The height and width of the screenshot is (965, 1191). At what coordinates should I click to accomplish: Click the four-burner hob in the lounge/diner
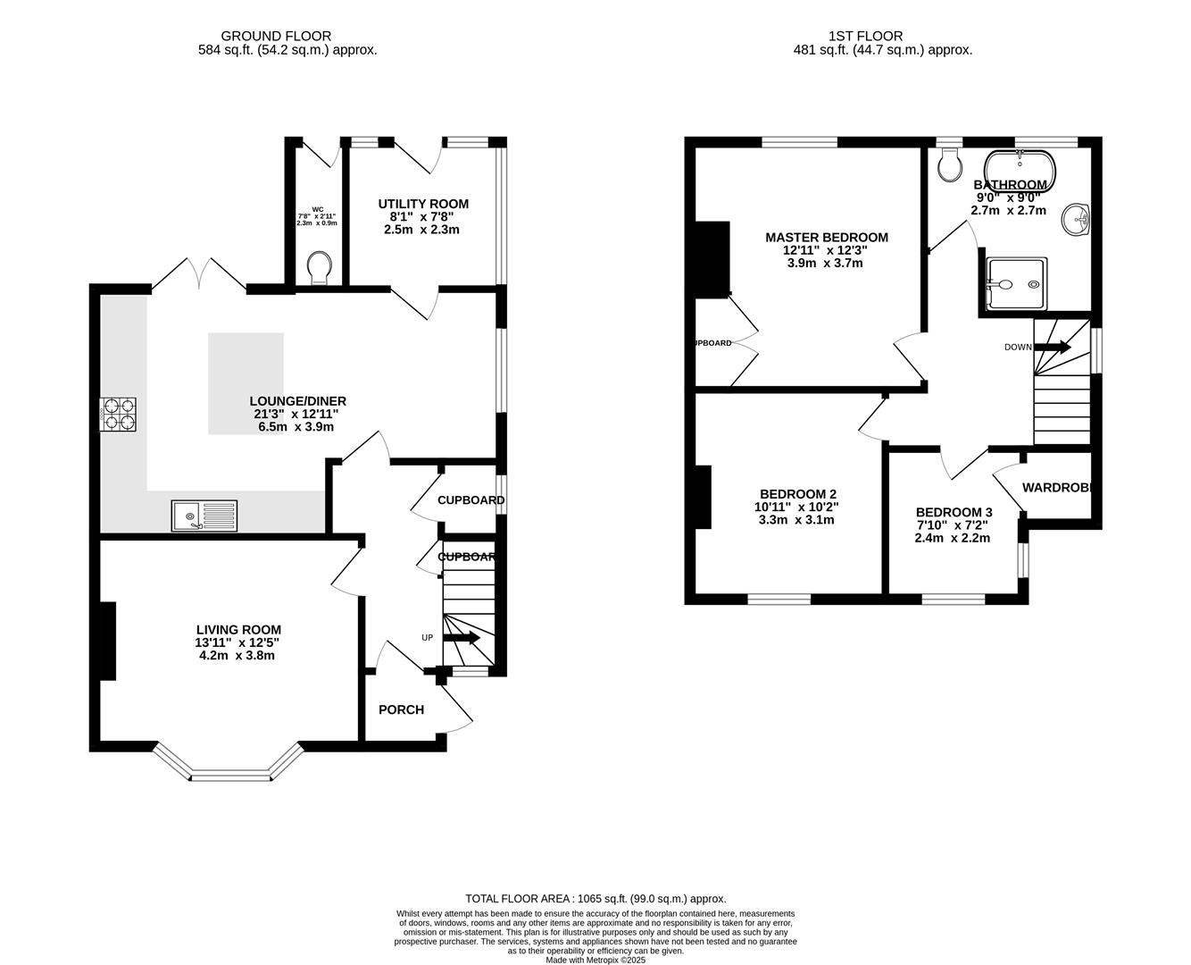pos(119,414)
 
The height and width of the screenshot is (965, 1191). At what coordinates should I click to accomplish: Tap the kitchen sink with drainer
pos(204,515)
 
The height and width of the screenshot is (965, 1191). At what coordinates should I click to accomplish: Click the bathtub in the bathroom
pos(1020,167)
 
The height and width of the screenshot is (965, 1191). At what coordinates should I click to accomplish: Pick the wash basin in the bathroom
pos(1078,218)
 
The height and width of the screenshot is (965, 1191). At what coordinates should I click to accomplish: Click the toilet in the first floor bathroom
pos(949,164)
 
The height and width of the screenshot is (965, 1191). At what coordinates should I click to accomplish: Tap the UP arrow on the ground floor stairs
pos(461,638)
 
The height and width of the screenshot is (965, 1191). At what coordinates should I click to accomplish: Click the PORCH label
pos(401,709)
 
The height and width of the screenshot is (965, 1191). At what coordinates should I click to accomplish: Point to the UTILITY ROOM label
pos(422,204)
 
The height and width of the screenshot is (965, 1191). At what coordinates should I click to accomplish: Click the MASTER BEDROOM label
pos(826,237)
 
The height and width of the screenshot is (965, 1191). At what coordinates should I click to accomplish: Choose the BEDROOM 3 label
pos(954,512)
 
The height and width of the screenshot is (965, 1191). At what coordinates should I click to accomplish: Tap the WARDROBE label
pos(1057,488)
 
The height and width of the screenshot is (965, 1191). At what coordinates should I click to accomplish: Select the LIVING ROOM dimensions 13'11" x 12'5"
pos(237,642)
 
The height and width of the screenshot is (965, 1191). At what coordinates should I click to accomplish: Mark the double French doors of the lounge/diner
pos(199,274)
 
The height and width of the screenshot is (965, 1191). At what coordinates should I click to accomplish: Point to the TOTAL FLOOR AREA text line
pos(595,898)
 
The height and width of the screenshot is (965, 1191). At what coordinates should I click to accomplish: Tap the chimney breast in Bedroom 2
pos(703,497)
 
